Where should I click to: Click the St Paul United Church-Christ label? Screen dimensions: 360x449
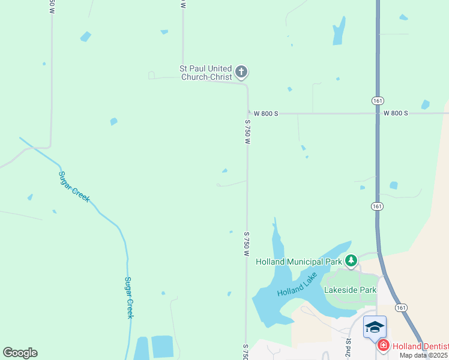pyautogui.click(x=206, y=73)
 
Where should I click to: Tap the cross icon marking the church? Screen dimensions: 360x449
pyautogui.click(x=241, y=73)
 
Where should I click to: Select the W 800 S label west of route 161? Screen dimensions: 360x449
pyautogui.click(x=266, y=113)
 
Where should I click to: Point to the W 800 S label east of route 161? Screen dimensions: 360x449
pyautogui.click(x=396, y=113)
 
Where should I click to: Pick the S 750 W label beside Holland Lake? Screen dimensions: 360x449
pyautogui.click(x=246, y=244)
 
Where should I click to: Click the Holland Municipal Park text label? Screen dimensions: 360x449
pyautogui.click(x=298, y=262)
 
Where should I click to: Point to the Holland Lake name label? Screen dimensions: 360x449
pyautogui.click(x=297, y=291)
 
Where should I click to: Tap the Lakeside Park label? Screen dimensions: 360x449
pyautogui.click(x=350, y=290)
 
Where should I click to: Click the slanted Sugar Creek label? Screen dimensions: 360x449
pyautogui.click(x=74, y=187)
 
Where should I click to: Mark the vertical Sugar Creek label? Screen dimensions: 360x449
pyautogui.click(x=128, y=297)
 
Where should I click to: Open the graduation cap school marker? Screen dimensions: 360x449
pyautogui.click(x=374, y=328)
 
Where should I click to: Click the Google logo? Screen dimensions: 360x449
pyautogui.click(x=20, y=353)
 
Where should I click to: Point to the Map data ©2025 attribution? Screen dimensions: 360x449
pyautogui.click(x=424, y=355)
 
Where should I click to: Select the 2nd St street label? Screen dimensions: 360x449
pyautogui.click(x=348, y=346)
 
